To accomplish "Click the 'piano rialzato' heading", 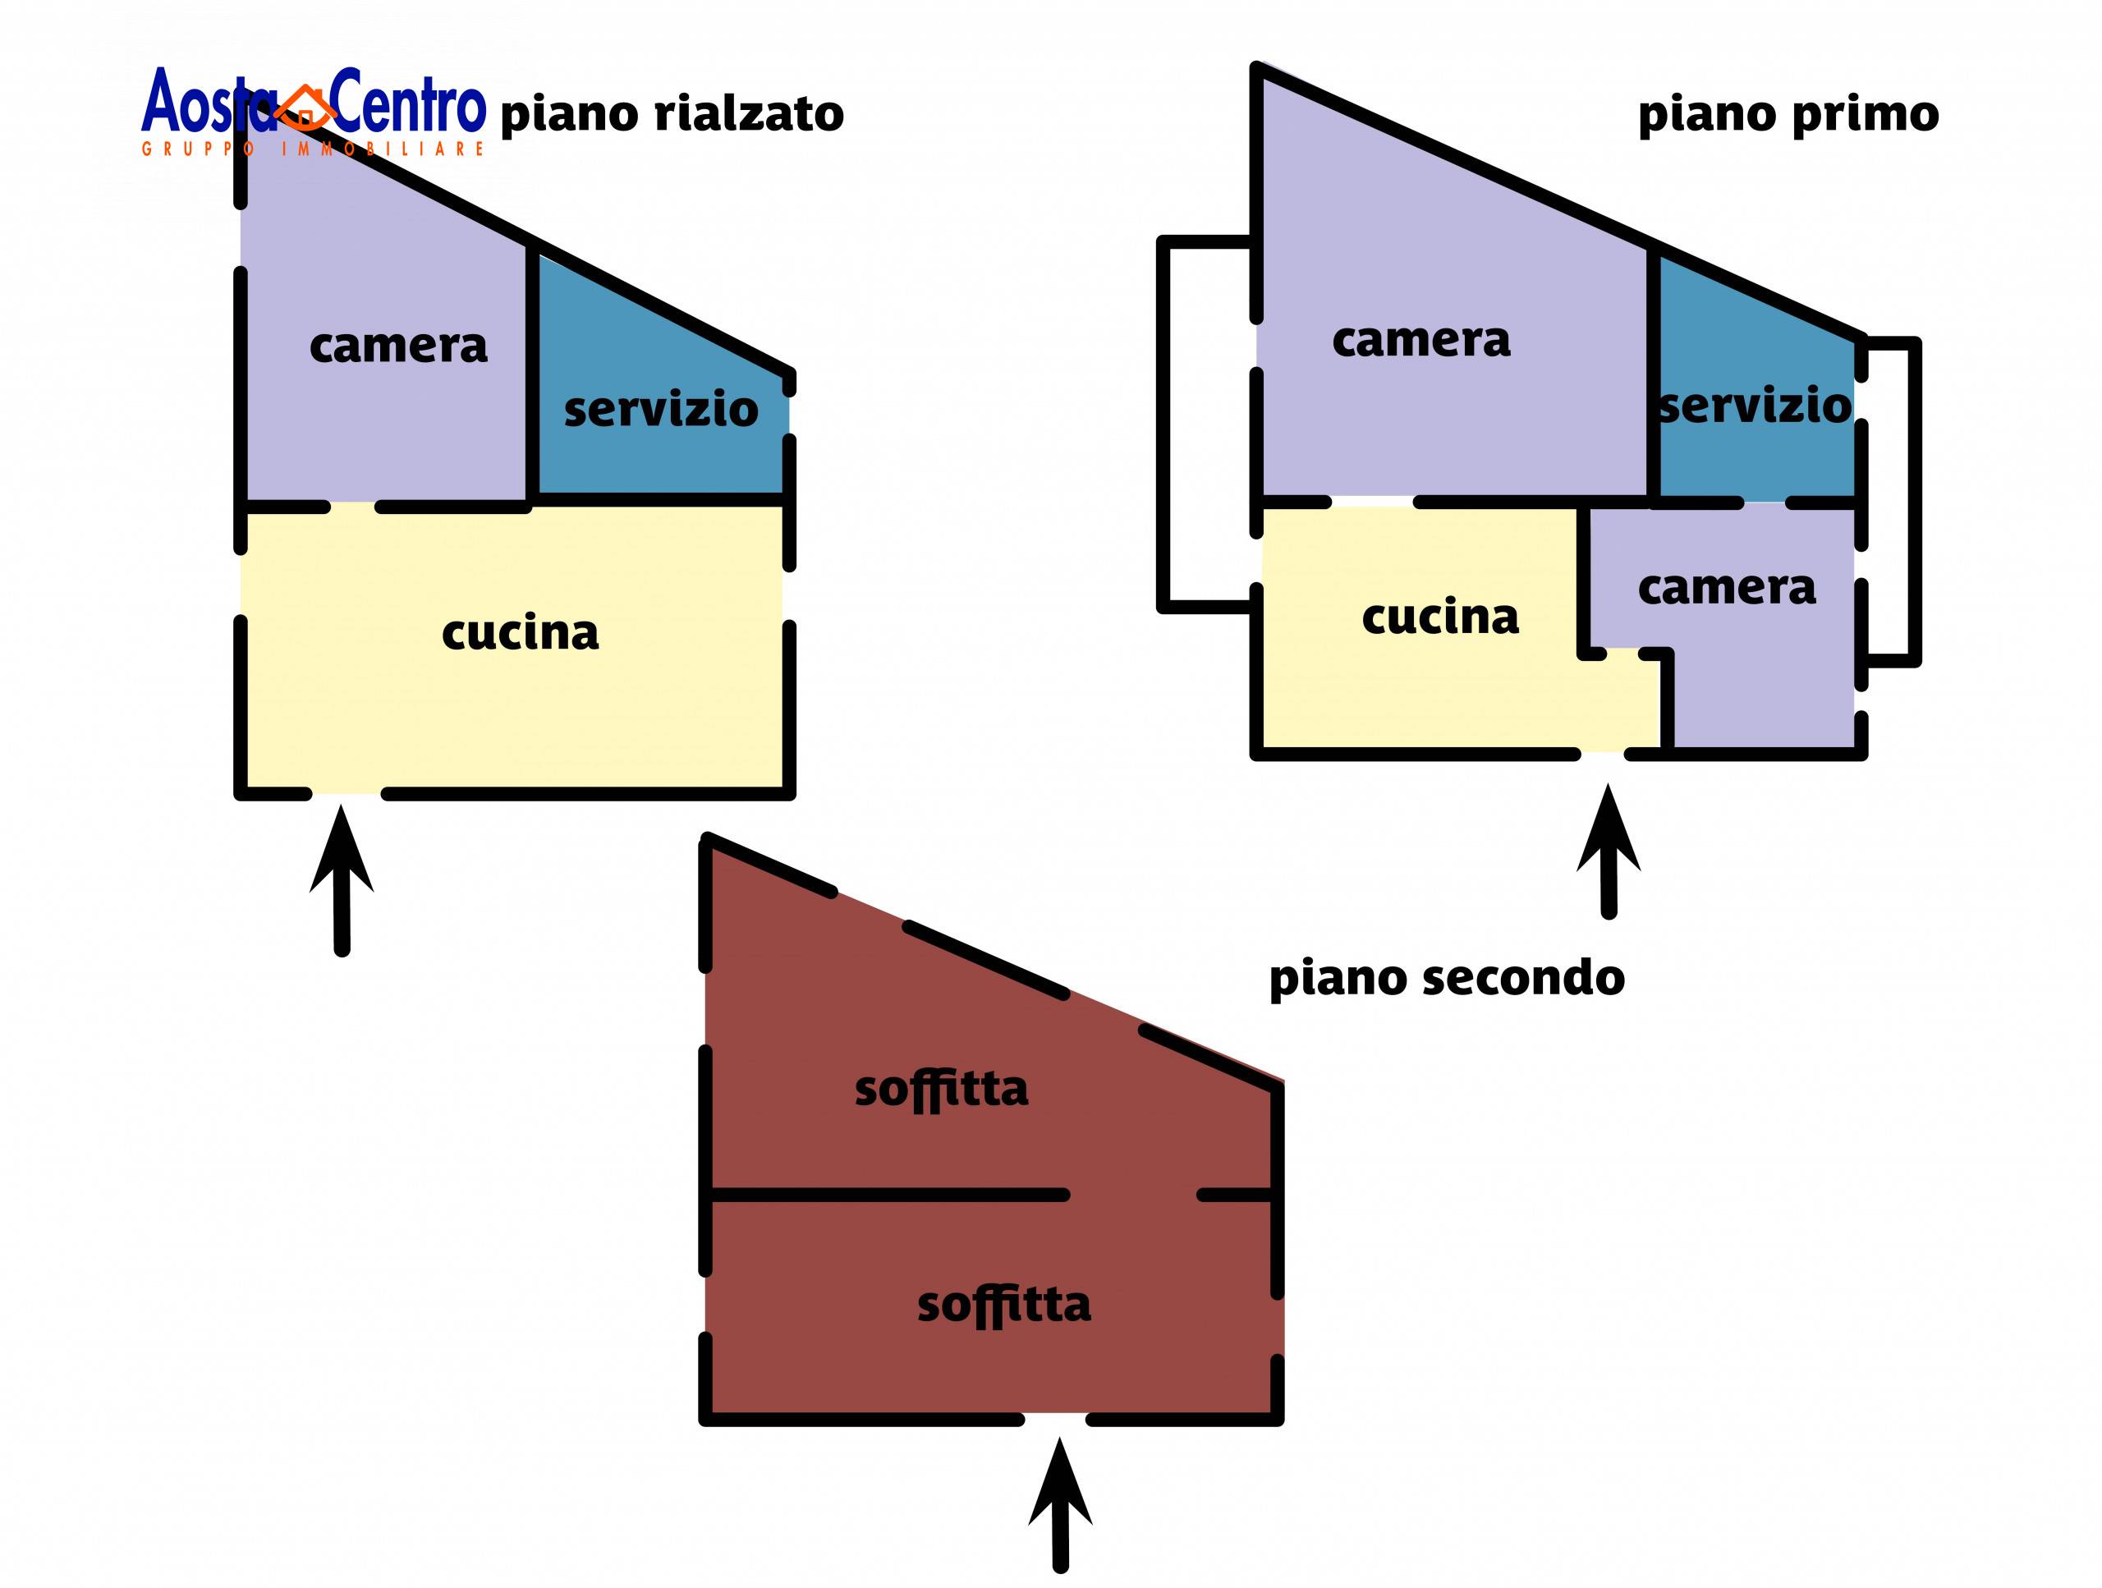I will pos(671,115).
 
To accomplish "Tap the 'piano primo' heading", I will pos(1788,115).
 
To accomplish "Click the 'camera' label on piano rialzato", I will pos(398,346).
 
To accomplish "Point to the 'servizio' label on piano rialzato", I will pos(660,410).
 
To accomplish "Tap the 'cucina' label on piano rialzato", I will pos(520,633).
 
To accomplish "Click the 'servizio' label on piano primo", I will pos(1754,406).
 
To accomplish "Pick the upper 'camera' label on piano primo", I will pos(1420,340).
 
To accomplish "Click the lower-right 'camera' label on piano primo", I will pos(1726,588).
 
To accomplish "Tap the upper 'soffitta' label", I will pos(941,1089).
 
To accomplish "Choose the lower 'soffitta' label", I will pos(1003,1305).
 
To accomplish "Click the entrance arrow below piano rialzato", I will pos(342,879).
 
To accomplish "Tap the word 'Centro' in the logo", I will pos(409,102).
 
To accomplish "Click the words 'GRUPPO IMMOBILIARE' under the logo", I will pos(314,149).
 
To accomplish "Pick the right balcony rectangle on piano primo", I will pos(1890,501).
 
